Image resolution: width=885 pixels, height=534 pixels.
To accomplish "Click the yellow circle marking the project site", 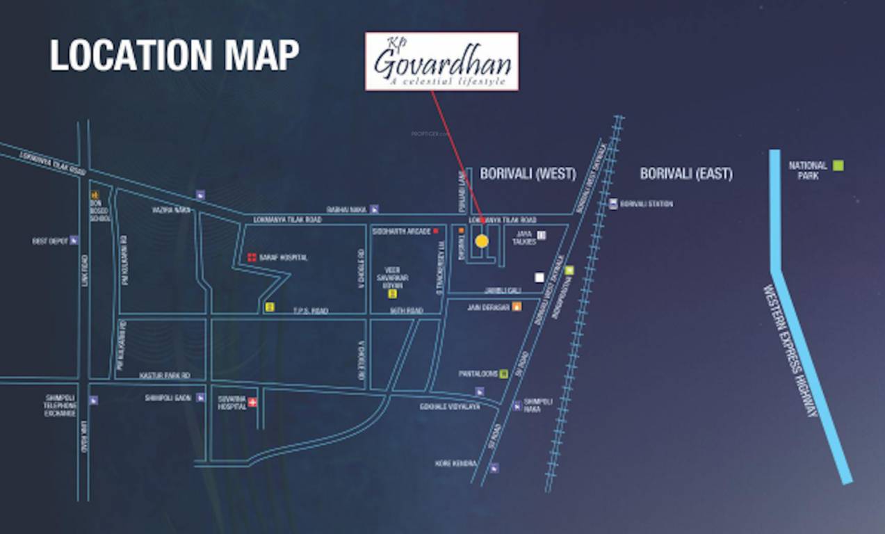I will click(x=481, y=241).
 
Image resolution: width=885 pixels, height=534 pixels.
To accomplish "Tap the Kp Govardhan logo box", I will click(x=441, y=61).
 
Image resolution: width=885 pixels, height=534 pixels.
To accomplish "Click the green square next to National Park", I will click(x=838, y=165).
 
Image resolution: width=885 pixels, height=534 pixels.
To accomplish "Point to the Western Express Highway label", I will click(x=791, y=351).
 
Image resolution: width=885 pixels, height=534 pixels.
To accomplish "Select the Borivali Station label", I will click(x=645, y=204).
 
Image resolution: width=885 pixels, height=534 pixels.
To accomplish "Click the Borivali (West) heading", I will click(x=528, y=174).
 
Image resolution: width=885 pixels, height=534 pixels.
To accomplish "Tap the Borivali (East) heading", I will click(x=685, y=174).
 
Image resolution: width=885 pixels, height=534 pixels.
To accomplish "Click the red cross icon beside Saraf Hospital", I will click(x=252, y=257).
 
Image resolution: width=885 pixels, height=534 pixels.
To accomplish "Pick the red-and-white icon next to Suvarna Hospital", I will click(x=253, y=402).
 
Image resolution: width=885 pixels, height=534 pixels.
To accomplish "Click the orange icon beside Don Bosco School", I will click(x=96, y=195).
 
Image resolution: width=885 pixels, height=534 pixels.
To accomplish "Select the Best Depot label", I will click(x=50, y=241).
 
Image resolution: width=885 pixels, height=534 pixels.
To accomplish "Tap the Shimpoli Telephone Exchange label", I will click(x=60, y=406).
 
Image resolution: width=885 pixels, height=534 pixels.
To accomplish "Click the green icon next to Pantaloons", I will click(x=503, y=373).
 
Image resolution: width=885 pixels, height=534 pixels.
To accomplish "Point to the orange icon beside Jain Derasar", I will click(x=517, y=307).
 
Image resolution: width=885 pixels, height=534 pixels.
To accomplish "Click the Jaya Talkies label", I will click(x=524, y=238).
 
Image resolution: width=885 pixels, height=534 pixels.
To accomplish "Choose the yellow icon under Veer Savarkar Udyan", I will click(x=392, y=294).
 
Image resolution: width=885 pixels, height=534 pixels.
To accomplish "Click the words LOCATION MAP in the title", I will click(x=174, y=56).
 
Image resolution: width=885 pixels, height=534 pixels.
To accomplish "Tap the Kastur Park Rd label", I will click(x=165, y=375).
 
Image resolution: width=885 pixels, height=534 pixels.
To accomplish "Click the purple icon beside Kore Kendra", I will click(x=494, y=468).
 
